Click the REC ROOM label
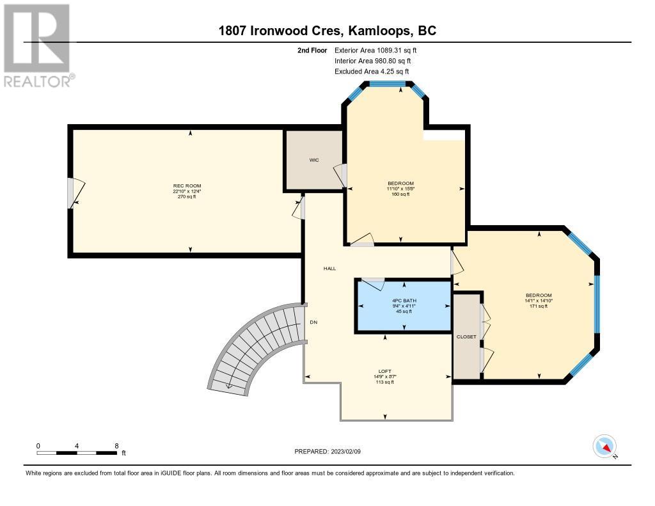tap(187, 186)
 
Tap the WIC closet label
tap(314, 160)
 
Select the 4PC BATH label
tap(404, 301)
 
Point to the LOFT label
tap(384, 371)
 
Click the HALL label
tap(329, 269)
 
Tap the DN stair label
tap(313, 322)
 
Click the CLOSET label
tap(466, 336)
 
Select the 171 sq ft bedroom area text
tap(539, 306)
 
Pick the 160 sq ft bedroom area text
tap(400, 194)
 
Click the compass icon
tap(604, 447)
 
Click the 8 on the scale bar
tap(116, 446)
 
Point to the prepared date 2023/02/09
tap(345, 451)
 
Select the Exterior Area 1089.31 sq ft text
tap(375, 50)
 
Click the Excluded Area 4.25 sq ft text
tap(372, 72)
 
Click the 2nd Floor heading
tap(312, 50)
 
